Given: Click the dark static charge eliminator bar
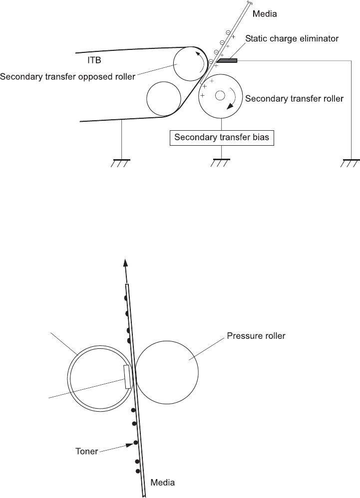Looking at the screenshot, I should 228,60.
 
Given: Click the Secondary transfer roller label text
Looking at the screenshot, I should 294,98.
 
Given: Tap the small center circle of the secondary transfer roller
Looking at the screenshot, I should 220,95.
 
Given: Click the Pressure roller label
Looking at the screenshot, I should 256,336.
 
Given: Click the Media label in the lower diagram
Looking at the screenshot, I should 163,483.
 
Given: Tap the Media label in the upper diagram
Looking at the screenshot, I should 265,14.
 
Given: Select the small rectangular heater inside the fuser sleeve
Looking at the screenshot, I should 127,376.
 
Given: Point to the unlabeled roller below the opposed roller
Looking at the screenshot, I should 164,98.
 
